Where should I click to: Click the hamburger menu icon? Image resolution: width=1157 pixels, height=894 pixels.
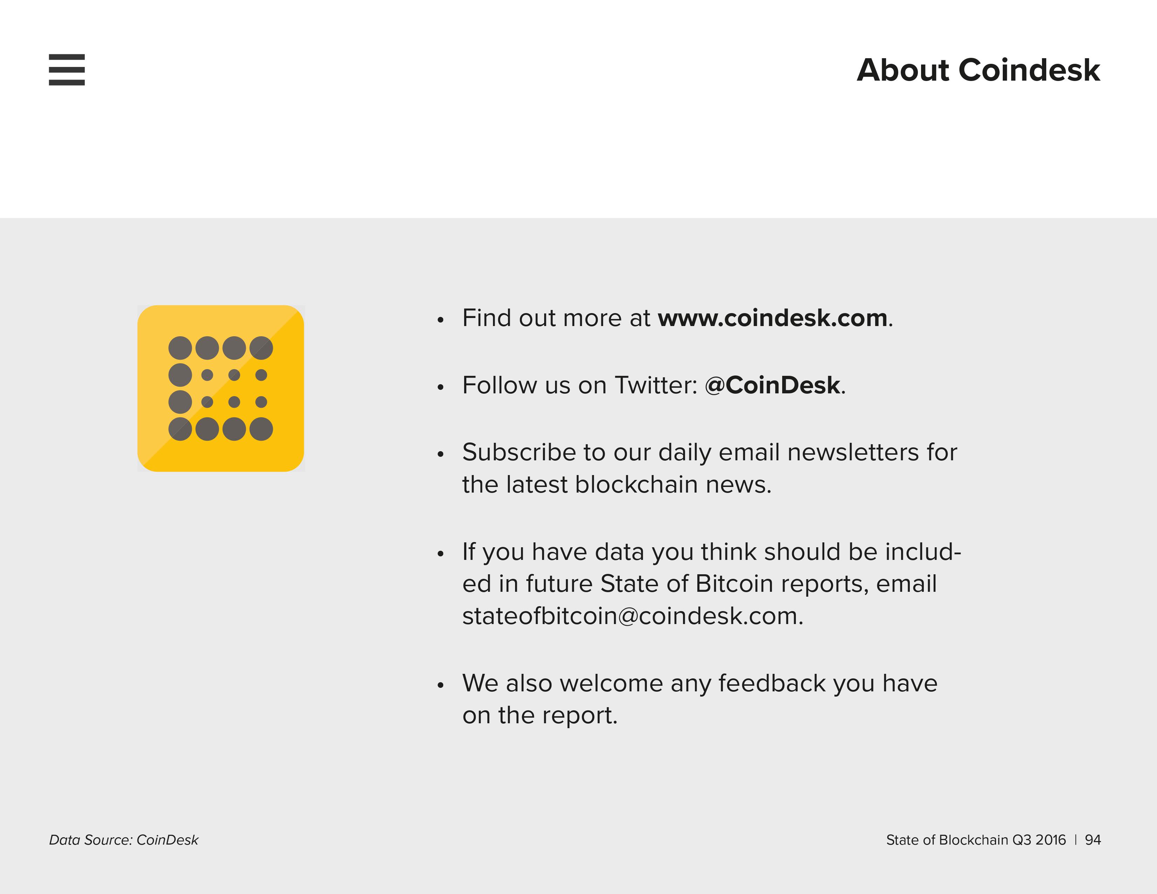[67, 69]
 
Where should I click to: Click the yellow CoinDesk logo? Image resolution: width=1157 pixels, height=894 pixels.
[221, 388]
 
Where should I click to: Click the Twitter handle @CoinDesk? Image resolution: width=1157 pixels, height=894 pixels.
[772, 385]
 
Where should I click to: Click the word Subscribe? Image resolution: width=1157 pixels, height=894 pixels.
[519, 452]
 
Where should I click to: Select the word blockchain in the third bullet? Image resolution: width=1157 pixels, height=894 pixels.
[636, 484]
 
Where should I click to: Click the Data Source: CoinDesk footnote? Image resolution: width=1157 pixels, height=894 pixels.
[123, 840]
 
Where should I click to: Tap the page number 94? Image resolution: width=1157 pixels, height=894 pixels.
[1093, 840]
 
